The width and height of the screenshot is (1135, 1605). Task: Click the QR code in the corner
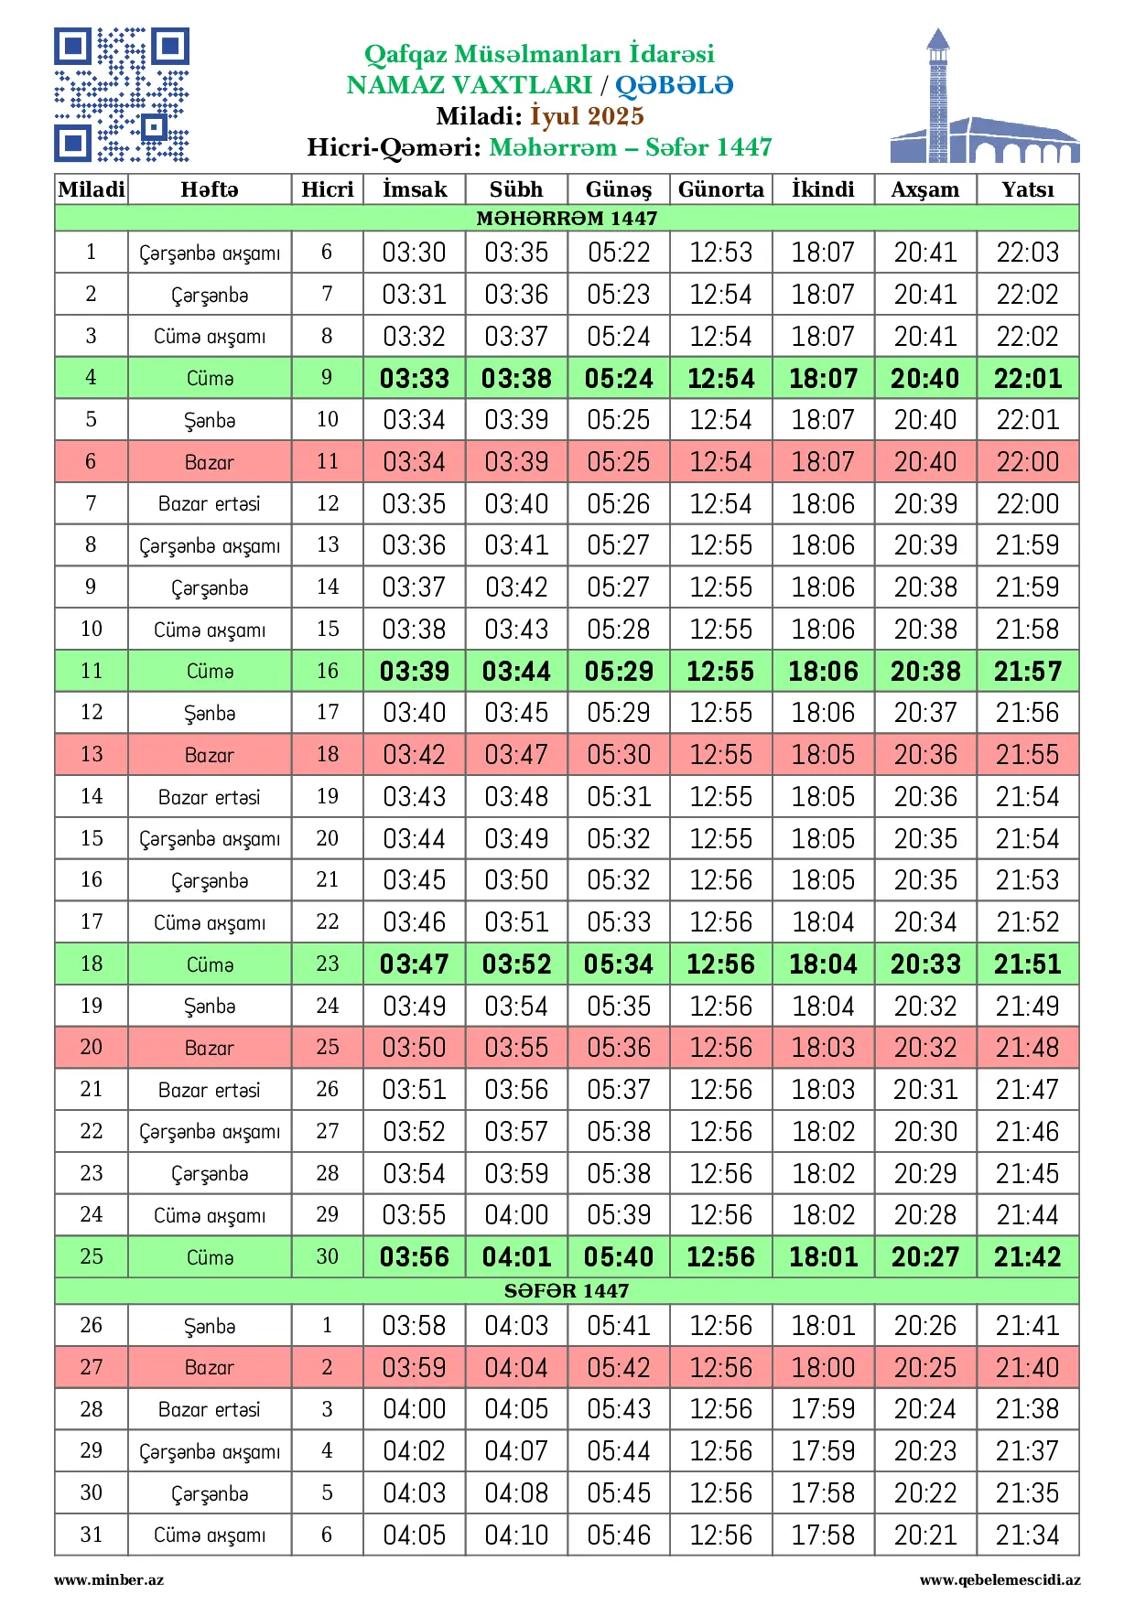(122, 95)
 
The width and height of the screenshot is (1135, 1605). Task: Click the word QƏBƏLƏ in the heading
(674, 85)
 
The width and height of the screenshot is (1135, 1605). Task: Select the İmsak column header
(415, 189)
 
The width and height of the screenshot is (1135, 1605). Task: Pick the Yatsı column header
(1027, 189)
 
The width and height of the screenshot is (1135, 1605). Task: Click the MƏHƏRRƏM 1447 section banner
(567, 218)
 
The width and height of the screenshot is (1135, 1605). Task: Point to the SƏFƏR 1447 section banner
(567, 1290)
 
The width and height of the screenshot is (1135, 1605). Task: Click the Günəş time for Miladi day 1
(619, 253)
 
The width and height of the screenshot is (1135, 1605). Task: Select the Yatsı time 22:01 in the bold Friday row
(1027, 378)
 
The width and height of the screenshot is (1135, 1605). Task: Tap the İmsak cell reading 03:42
(415, 755)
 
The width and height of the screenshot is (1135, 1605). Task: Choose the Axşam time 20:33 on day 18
(925, 964)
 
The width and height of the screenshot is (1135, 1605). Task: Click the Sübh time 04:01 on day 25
(516, 1257)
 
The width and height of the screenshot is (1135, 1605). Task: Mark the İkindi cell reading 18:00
(823, 1368)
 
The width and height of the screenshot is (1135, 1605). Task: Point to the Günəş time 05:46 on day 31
(619, 1535)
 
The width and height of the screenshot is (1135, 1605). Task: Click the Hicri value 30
(327, 1256)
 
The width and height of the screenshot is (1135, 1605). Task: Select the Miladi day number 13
(92, 754)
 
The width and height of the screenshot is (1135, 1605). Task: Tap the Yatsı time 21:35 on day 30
(1027, 1493)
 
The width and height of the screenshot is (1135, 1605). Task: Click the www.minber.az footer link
(109, 1580)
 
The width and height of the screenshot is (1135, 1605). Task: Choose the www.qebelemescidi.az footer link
(1000, 1580)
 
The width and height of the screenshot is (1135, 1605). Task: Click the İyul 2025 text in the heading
(587, 116)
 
